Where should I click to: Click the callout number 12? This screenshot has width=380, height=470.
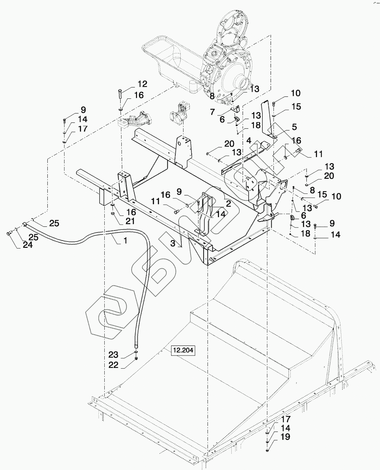coord(142,84)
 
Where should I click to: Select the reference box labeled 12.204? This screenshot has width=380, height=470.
coord(183,350)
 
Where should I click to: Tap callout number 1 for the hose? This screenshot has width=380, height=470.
coord(125,240)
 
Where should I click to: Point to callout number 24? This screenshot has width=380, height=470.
coord(28,245)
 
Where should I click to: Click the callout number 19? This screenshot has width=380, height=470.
coord(285,437)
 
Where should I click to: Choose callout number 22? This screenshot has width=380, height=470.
coord(114,365)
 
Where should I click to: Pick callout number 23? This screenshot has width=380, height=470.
coord(113,355)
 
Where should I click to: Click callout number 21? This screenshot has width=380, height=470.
coord(130,221)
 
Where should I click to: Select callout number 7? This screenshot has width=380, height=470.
coord(212,112)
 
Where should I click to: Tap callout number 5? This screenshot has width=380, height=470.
coord(294,127)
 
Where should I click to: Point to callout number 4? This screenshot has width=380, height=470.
coord(249,140)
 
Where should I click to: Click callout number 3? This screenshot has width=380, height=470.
coord(173,243)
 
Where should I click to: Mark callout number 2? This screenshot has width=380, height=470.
coord(228,203)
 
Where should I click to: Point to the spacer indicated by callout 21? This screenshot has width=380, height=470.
coord(113,214)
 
